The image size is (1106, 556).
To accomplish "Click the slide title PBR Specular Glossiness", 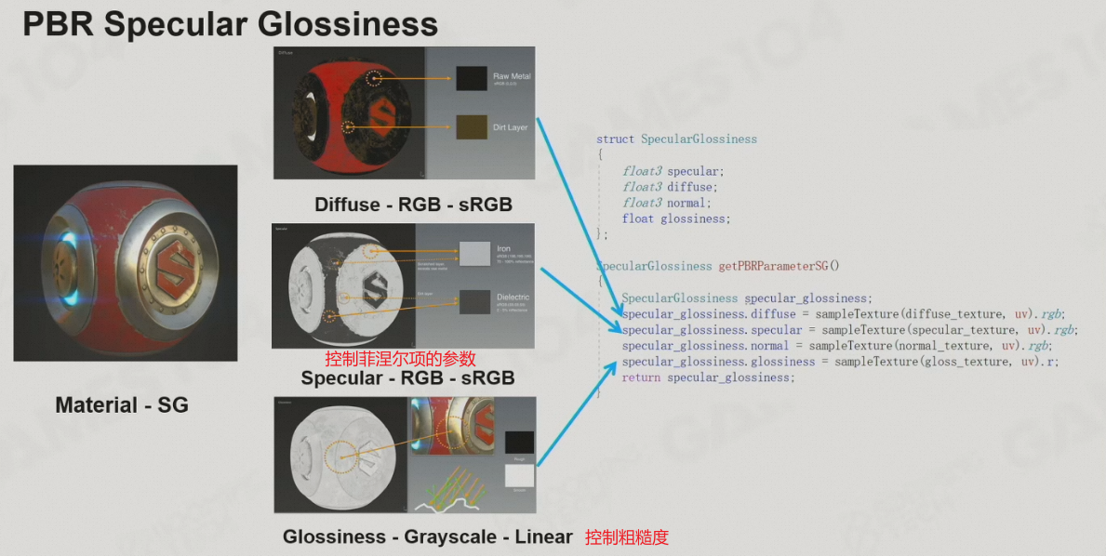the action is click(230, 24).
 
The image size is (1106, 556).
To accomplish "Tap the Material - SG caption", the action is click(122, 405).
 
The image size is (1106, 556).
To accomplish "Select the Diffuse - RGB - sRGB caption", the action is click(413, 204).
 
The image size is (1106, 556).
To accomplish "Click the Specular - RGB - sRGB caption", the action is click(407, 378).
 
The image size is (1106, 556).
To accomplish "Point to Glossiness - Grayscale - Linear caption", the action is click(427, 536).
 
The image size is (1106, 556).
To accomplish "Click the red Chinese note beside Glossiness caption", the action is click(626, 537).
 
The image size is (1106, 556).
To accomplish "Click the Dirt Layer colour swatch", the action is click(472, 126).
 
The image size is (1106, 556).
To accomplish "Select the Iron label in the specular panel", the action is click(503, 249).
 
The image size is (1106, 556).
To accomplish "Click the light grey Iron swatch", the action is click(473, 253).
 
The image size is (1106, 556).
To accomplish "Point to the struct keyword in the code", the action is click(615, 139).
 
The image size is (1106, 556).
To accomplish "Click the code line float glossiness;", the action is click(676, 219).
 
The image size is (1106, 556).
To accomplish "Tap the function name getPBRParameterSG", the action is click(773, 266).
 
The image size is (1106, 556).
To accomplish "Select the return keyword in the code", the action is click(641, 377).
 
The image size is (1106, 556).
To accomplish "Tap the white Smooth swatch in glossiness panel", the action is click(519, 475).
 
